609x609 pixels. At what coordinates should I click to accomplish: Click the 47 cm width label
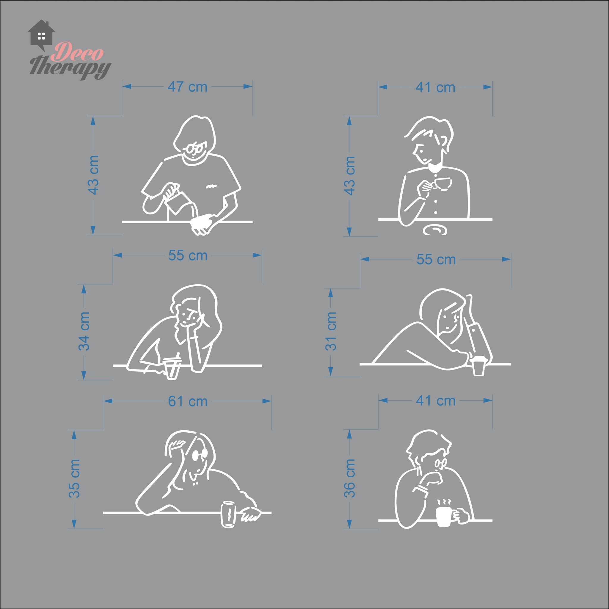pos(187,87)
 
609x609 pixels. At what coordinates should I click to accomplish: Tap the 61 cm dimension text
pos(188,401)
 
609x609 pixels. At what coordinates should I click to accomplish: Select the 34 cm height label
pos(84,331)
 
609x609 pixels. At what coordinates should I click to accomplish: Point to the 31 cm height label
pos(331,331)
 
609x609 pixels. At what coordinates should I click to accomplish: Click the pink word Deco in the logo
pos(77,52)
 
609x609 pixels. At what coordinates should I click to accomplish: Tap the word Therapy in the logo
pos(70,67)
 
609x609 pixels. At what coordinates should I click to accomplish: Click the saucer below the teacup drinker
pos(435,230)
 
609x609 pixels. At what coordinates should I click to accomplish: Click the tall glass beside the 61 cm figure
pos(228,514)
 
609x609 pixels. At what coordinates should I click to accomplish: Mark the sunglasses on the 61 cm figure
pos(200,455)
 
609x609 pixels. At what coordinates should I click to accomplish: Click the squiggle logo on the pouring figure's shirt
pos(211,187)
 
